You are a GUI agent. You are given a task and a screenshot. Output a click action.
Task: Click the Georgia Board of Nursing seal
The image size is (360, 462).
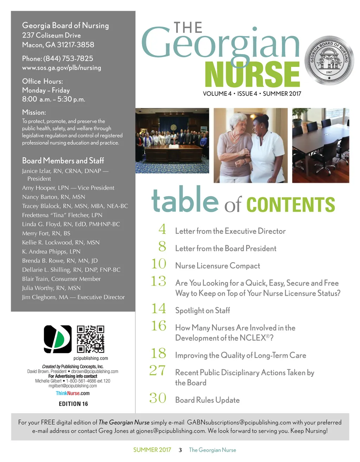[x=329, y=60]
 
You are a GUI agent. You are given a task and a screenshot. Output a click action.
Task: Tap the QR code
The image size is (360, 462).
[x=90, y=339]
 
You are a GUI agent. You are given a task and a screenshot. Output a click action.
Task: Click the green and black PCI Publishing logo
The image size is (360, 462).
[x=58, y=339]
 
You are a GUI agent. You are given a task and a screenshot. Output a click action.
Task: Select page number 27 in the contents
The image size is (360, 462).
[x=157, y=371]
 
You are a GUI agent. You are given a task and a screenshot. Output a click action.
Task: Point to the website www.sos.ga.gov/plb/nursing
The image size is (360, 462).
[x=62, y=68]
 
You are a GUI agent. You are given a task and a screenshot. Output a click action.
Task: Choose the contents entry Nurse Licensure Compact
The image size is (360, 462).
[x=218, y=266]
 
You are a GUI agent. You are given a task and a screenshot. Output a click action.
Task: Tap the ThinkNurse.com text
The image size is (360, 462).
[x=73, y=393]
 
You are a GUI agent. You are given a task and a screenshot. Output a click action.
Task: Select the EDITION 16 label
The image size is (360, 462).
[x=73, y=404]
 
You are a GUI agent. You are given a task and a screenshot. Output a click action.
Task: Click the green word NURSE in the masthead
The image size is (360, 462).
[x=252, y=75]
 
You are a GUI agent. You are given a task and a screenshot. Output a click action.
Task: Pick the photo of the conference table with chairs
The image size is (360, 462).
[x=320, y=145]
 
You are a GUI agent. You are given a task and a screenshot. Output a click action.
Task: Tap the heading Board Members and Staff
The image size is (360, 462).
[x=63, y=161]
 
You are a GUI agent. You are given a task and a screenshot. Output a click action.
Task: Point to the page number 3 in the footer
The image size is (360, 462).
[x=180, y=450]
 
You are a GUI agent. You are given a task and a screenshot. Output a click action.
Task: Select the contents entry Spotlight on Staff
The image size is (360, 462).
[x=202, y=310]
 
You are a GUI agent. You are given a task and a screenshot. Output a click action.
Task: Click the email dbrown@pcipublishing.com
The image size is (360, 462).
[x=95, y=371]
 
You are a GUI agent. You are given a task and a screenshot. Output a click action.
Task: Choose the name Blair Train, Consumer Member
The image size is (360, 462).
[x=61, y=279]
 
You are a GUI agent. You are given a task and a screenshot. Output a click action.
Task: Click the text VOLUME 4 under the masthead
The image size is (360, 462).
[x=217, y=94]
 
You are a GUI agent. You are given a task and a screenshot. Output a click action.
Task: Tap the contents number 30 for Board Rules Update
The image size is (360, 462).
[x=158, y=398]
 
